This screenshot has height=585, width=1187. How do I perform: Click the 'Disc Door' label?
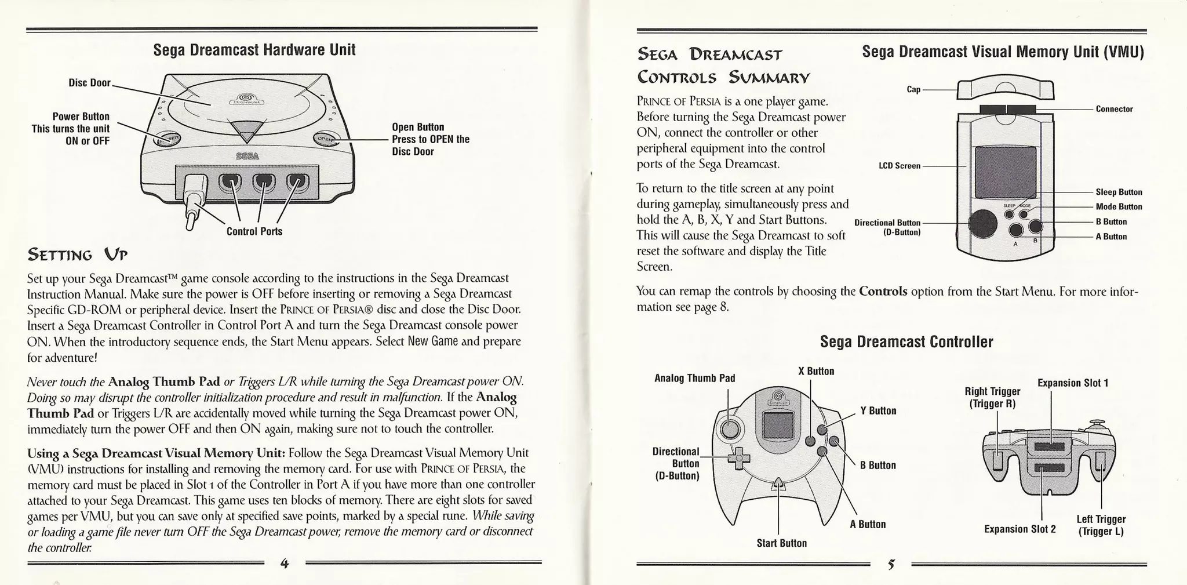click(89, 83)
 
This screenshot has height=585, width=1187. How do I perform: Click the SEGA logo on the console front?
click(247, 157)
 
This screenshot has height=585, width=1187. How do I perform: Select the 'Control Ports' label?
click(254, 231)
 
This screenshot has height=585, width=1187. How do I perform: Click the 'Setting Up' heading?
click(77, 254)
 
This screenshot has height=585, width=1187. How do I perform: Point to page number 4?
click(284, 563)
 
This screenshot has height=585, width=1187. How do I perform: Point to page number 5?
click(891, 564)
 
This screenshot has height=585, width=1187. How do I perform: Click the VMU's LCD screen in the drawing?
click(1005, 172)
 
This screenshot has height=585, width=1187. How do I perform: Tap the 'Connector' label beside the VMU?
click(1114, 109)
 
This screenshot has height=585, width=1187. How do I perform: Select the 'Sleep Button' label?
click(1119, 192)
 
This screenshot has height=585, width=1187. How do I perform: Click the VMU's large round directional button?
click(983, 222)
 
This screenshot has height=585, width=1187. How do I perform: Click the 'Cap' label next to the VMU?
click(913, 89)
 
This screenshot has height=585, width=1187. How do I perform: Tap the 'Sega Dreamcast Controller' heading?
click(906, 342)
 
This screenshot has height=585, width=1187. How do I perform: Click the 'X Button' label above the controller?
click(816, 371)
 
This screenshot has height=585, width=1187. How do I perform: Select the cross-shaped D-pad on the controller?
click(739, 459)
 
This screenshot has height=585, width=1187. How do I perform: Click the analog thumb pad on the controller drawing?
click(730, 429)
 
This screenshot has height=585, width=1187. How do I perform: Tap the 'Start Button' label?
click(781, 543)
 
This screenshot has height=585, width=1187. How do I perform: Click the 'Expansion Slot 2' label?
click(1019, 529)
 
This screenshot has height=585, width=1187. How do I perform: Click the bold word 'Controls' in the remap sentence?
click(883, 291)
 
